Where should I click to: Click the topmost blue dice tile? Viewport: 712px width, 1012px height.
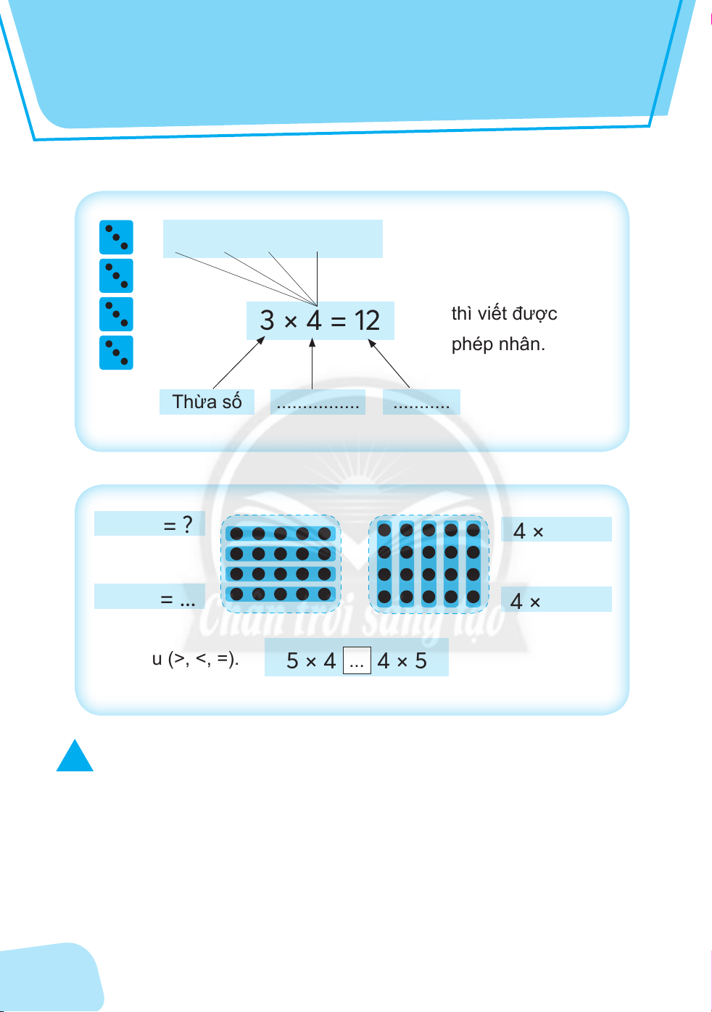pyautogui.click(x=116, y=237)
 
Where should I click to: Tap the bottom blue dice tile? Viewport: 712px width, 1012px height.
pyautogui.click(x=116, y=352)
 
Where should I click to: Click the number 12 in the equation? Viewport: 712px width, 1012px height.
pyautogui.click(x=367, y=320)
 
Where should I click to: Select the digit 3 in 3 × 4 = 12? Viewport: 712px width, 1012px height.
pyautogui.click(x=267, y=320)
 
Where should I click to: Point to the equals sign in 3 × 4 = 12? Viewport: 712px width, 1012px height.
pyautogui.click(x=338, y=320)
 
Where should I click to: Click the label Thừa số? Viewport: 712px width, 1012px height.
pyautogui.click(x=207, y=402)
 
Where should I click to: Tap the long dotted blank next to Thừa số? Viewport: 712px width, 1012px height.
pyautogui.click(x=318, y=403)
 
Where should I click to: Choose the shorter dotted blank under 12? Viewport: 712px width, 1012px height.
pyautogui.click(x=421, y=403)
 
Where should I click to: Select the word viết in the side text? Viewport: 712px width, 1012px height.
pyautogui.click(x=492, y=314)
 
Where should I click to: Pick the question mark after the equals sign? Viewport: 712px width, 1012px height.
pyautogui.click(x=188, y=524)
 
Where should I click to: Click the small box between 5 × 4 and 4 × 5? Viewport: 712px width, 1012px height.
pyautogui.click(x=356, y=661)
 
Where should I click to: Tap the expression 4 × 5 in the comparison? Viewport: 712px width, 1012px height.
pyautogui.click(x=402, y=661)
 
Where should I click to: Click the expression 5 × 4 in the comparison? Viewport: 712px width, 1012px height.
pyautogui.click(x=311, y=661)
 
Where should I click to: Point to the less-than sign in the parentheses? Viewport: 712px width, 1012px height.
pyautogui.click(x=202, y=660)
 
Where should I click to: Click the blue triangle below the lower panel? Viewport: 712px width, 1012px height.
pyautogui.click(x=75, y=758)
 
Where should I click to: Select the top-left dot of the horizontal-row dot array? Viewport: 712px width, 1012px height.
pyautogui.click(x=236, y=534)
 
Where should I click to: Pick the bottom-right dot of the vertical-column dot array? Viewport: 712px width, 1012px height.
pyautogui.click(x=473, y=597)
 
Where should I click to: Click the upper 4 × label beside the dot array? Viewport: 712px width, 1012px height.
pyautogui.click(x=529, y=531)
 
